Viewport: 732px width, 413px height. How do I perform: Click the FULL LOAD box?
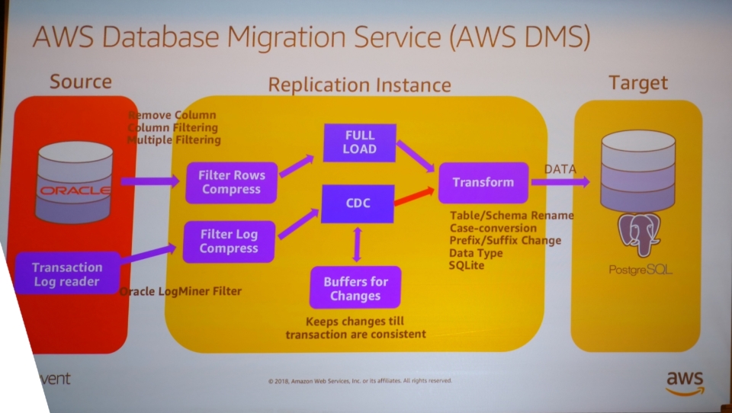tap(359, 142)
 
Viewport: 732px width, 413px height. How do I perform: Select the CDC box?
tap(358, 203)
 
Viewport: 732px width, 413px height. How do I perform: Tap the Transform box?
tap(483, 183)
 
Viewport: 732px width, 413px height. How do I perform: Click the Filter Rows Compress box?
tap(231, 182)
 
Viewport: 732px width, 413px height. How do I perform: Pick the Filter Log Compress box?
tap(229, 241)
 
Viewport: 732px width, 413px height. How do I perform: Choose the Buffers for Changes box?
tap(355, 287)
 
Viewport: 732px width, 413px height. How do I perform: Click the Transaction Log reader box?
tap(67, 274)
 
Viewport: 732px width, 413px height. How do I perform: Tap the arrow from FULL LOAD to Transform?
tap(415, 156)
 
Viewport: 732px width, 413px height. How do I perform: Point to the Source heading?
tap(80, 82)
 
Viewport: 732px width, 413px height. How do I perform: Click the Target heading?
tap(637, 82)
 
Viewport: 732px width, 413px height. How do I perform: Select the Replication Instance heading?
tap(359, 85)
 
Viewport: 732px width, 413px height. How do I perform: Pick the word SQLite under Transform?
tap(467, 264)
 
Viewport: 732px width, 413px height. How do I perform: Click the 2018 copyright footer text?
tap(360, 380)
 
